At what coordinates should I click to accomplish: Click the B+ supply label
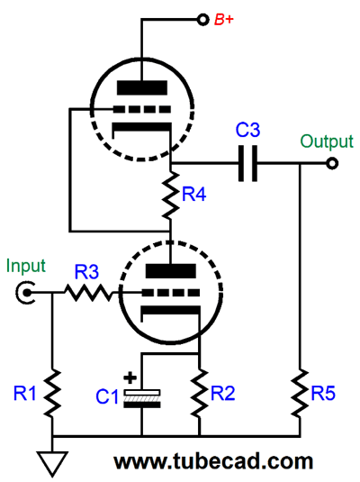[224, 20]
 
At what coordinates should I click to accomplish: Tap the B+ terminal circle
[202, 20]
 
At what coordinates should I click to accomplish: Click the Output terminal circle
[332, 163]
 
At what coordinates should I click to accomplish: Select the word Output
[327, 141]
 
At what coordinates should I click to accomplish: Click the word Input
[26, 265]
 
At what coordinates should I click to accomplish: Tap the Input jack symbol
[25, 293]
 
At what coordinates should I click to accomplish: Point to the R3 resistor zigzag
[88, 293]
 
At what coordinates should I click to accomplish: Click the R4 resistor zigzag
[170, 196]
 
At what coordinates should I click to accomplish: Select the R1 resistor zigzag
[52, 394]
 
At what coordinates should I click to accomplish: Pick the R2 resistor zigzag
[200, 394]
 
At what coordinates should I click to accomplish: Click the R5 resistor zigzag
[300, 394]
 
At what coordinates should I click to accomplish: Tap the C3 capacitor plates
[247, 163]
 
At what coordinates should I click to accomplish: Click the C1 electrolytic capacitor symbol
[141, 398]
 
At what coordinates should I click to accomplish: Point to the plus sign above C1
[130, 377]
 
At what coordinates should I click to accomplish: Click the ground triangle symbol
[52, 463]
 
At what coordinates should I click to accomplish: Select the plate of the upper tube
[142, 87]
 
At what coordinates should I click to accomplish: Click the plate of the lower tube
[170, 271]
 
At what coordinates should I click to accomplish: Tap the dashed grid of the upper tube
[142, 109]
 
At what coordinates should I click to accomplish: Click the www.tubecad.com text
[213, 461]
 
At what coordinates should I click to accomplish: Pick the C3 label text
[247, 130]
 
